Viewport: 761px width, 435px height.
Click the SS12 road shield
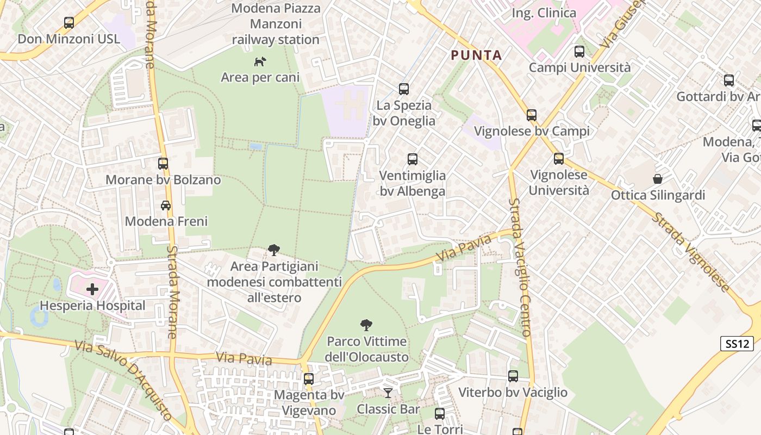pyautogui.click(x=737, y=344)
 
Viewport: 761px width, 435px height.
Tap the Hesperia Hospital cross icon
pyautogui.click(x=92, y=289)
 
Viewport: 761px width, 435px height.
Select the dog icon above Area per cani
pyautogui.click(x=260, y=61)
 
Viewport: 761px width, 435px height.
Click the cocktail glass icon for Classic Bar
pyautogui.click(x=388, y=393)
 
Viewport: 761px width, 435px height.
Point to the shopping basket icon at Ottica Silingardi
pyautogui.click(x=658, y=178)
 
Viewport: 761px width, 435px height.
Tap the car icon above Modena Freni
pyautogui.click(x=166, y=205)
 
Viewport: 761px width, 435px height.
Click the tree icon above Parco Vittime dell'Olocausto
pyautogui.click(x=366, y=325)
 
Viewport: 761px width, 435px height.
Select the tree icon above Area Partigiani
pyautogui.click(x=274, y=250)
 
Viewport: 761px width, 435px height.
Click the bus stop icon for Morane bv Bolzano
pyautogui.click(x=163, y=163)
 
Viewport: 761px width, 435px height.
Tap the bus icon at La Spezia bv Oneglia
pyautogui.click(x=403, y=89)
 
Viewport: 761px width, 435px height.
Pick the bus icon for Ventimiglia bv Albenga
pyautogui.click(x=413, y=159)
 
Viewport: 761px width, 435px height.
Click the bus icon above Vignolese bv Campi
pyautogui.click(x=532, y=115)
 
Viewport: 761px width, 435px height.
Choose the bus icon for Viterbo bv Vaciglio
pyautogui.click(x=513, y=376)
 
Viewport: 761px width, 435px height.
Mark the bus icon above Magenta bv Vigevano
pyautogui.click(x=309, y=378)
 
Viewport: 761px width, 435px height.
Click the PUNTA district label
pyautogui.click(x=476, y=55)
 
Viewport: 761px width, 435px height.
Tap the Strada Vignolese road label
pyautogui.click(x=690, y=251)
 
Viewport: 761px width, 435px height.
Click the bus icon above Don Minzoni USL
pyautogui.click(x=69, y=23)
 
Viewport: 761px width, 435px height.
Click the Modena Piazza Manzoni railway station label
pyautogui.click(x=276, y=24)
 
